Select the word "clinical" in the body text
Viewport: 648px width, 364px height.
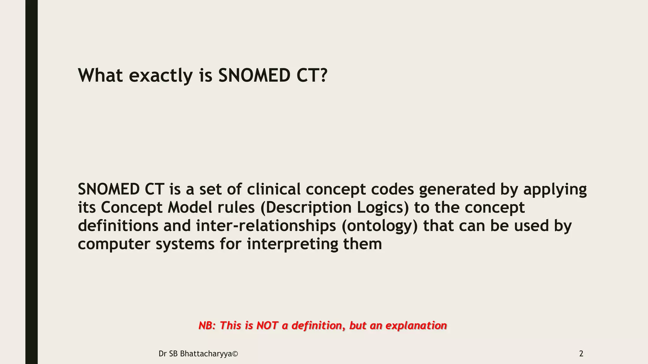coord(273,189)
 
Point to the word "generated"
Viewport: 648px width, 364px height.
coord(457,189)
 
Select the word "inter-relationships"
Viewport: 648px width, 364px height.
coord(266,226)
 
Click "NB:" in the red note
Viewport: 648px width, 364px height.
coord(207,325)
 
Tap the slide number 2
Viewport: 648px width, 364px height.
coord(581,354)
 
